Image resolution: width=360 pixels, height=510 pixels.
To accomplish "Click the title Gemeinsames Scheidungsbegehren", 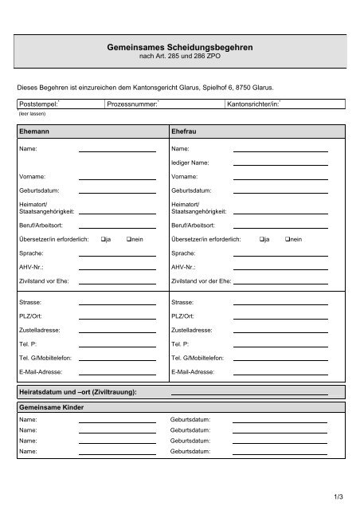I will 179,49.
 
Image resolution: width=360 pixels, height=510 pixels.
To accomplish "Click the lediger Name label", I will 189,162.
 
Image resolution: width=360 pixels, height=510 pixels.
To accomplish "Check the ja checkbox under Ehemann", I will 104,238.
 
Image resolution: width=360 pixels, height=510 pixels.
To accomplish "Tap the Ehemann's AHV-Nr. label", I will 33,267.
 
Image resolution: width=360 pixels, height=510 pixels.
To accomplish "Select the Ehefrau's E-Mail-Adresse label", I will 192,371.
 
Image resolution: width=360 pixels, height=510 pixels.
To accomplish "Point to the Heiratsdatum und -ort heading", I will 77,391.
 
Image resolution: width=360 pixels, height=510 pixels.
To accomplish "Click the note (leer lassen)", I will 29,113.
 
